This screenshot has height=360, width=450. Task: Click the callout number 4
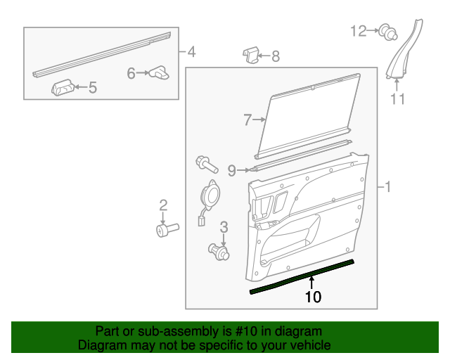coord(191,52)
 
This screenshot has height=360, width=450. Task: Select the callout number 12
coord(359,30)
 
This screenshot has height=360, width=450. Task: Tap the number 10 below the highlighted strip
coord(313,297)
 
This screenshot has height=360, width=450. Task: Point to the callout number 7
coord(247,120)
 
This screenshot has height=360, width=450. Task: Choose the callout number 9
coord(231,169)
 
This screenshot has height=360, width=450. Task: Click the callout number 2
coord(163,205)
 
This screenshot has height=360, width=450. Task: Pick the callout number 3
coord(224,226)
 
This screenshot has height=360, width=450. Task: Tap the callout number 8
coord(275,56)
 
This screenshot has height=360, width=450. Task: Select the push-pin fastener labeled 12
coord(385,31)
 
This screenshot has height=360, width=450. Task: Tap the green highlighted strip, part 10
coord(302,277)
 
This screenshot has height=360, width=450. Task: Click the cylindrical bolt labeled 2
coord(167,229)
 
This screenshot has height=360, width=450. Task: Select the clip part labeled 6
coord(160,71)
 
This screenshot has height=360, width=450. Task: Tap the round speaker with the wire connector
coord(210,193)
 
